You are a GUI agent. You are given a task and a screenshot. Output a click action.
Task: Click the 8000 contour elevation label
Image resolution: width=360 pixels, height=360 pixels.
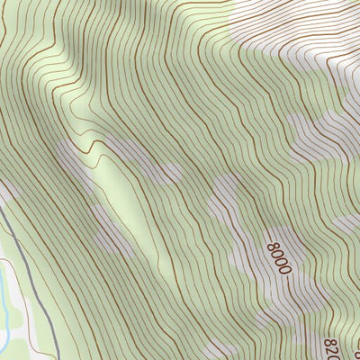(280, 257)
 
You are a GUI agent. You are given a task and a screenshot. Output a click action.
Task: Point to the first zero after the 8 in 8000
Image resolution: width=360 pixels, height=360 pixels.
(278, 252)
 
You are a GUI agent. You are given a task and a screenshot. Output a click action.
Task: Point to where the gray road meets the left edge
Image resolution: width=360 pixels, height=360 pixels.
(2, 212)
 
